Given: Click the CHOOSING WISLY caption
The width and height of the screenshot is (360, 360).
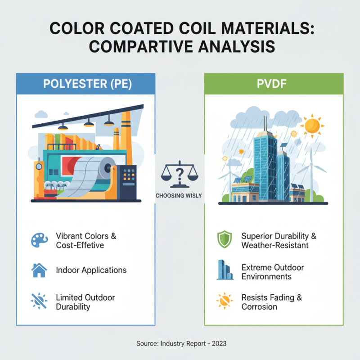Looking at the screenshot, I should coord(180,196).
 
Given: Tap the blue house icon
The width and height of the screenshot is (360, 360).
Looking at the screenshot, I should coord(39,270).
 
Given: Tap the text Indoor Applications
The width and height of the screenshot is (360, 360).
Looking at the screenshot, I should coord(91,270).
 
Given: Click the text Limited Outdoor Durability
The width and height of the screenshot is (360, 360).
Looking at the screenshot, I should coord(85,302).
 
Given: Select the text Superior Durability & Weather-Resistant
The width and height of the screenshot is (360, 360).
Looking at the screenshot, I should coord(275,241).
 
